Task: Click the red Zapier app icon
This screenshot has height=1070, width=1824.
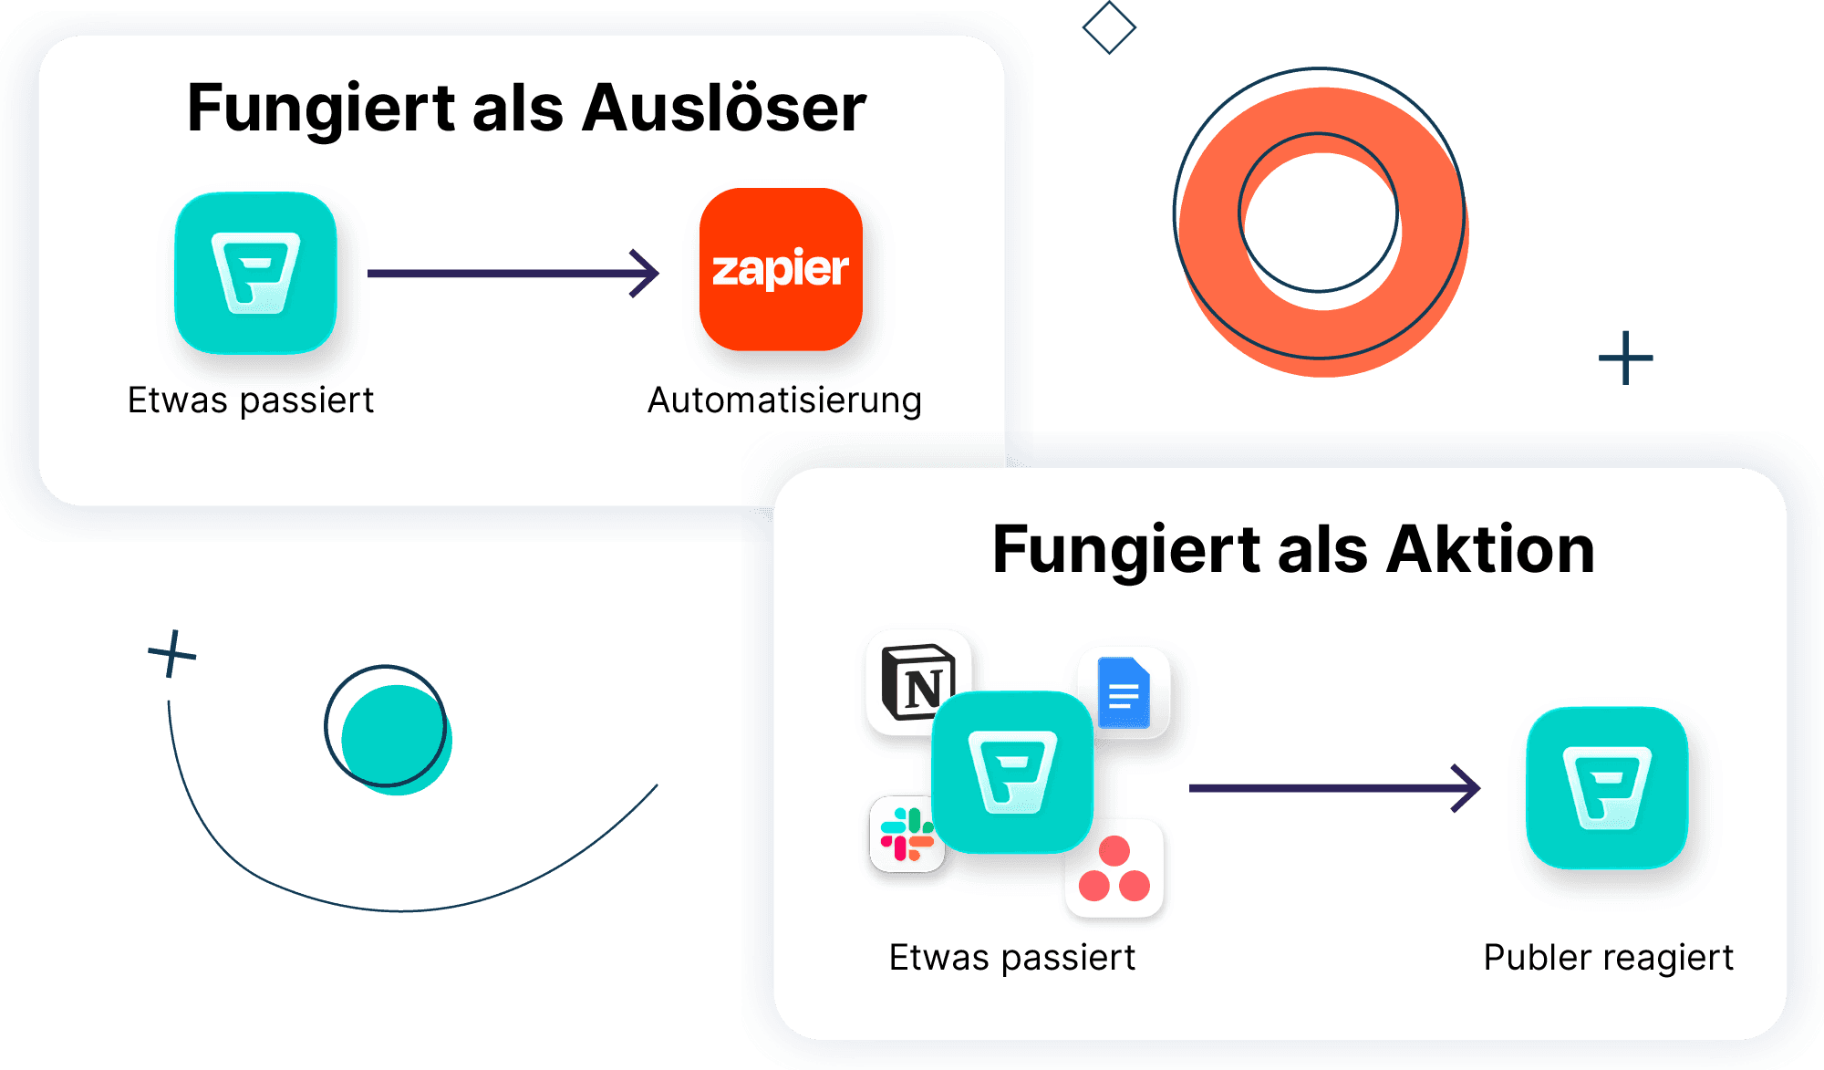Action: pos(781,269)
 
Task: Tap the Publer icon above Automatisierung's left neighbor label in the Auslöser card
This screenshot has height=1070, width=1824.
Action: pos(255,272)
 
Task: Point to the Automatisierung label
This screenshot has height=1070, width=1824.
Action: pos(784,400)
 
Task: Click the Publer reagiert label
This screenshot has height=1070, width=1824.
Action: pos(1608,958)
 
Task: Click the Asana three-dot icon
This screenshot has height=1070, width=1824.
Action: pos(1114,869)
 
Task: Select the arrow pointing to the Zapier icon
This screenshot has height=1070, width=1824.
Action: pos(513,273)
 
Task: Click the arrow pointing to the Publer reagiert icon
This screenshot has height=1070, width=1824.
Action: pos(1334,787)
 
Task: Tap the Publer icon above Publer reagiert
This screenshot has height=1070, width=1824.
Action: pos(1607,787)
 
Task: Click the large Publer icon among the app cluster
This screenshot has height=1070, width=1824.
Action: pos(1012,772)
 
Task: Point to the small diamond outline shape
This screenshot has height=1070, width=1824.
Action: pos(1109,27)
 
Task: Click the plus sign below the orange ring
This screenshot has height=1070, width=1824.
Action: pos(1626,358)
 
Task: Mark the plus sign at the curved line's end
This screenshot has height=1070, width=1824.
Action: pos(171,653)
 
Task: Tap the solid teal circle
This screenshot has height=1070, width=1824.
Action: pos(397,740)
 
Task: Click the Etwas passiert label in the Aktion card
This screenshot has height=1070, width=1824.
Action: pos(1012,958)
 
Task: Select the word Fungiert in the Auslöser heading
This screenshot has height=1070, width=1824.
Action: pos(321,108)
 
